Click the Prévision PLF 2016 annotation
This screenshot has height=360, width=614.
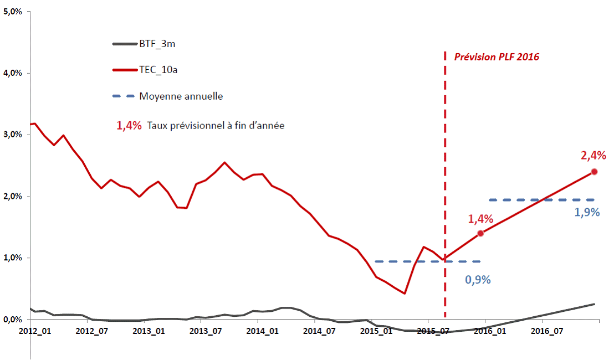[x=497, y=56]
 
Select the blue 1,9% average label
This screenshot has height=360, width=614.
[x=587, y=212]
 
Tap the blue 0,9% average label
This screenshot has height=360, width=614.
[x=478, y=280]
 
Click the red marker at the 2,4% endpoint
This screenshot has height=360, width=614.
[x=595, y=172]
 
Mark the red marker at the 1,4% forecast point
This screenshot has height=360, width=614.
[x=480, y=233]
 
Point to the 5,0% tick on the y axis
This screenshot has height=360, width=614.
[x=13, y=11]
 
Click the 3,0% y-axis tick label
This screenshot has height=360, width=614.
[x=13, y=135]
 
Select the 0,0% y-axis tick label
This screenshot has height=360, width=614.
[x=13, y=320]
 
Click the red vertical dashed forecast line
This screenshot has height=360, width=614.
[x=445, y=166]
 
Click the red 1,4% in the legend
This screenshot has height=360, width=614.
[x=129, y=126]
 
